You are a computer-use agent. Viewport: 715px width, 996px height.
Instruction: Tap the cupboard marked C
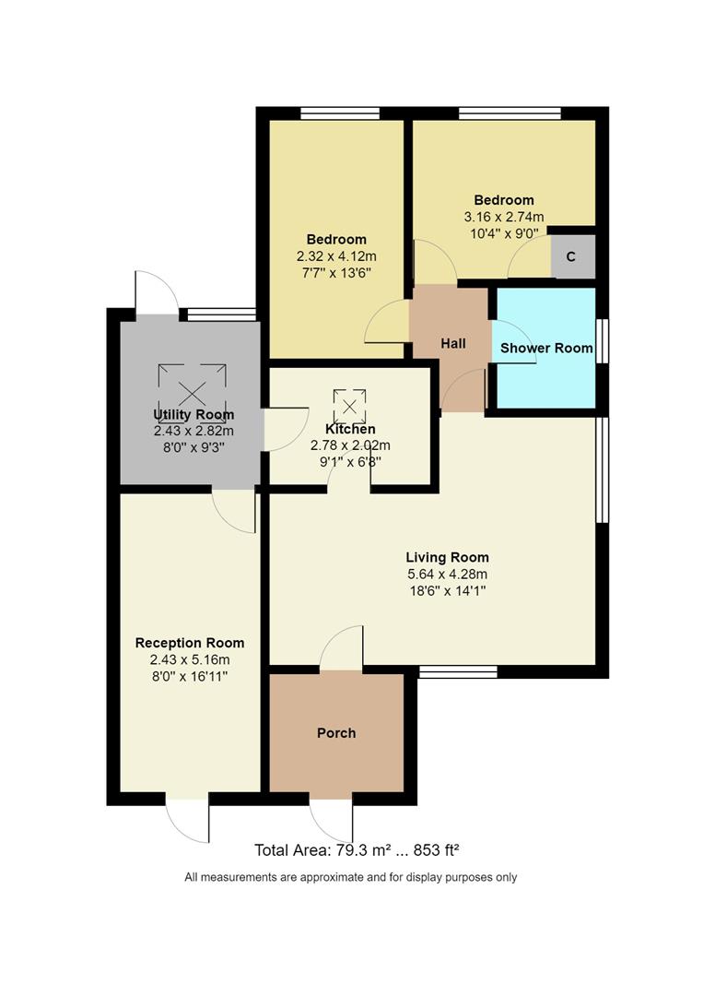571,257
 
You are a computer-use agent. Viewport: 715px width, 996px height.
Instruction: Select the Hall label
452,343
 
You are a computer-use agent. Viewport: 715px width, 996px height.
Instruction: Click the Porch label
336,733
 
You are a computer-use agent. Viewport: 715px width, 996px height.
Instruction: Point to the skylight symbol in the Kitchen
349,404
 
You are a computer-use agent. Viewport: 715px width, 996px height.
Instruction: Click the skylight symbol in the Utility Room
193,391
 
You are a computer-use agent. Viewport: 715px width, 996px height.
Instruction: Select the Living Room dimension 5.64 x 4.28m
448,574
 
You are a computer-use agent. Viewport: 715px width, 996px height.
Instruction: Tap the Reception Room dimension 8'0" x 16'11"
189,676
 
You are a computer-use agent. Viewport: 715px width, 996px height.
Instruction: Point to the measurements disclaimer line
351,877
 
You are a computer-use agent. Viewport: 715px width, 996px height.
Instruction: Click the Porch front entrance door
331,819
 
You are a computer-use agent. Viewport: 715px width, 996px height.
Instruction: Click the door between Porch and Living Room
343,647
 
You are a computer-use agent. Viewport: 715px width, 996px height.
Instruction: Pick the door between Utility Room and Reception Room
233,510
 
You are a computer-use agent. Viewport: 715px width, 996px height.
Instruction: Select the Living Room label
448,557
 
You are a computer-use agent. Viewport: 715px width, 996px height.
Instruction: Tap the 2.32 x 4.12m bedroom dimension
336,255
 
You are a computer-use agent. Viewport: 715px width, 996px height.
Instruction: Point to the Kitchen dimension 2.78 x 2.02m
350,445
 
